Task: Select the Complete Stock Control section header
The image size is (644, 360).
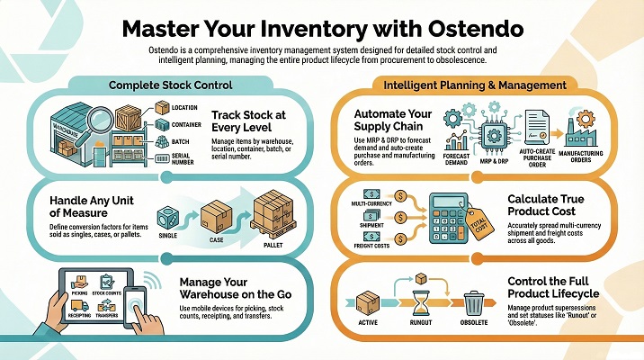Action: pyautogui.click(x=171, y=85)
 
